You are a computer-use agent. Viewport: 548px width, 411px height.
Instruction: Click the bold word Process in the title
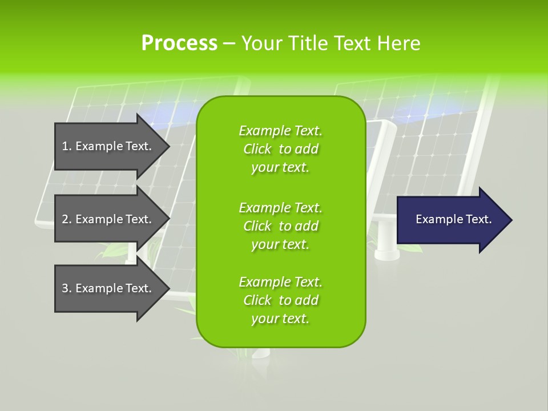179,43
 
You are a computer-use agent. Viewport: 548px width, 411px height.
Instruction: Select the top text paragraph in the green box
280,149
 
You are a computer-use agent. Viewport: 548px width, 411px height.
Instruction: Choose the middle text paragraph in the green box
280,226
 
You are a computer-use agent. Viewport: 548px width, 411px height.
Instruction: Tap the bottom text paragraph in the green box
280,300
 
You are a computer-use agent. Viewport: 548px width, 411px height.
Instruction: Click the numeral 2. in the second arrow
66,219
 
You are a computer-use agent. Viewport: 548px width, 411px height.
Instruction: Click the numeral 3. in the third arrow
66,288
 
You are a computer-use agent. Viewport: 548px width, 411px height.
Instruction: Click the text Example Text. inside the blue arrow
453,219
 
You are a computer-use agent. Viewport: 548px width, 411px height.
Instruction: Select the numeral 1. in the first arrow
66,146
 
